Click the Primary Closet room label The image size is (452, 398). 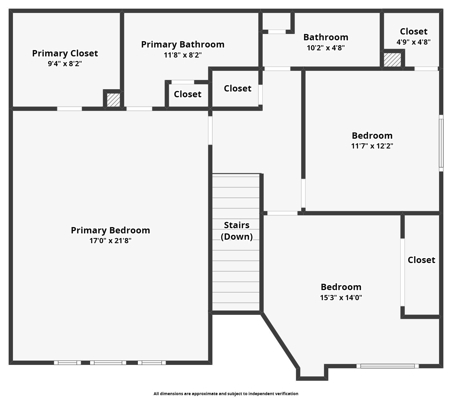tap(65, 53)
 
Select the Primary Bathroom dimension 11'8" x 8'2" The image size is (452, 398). tap(183, 55)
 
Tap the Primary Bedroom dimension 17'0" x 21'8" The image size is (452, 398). tap(110, 241)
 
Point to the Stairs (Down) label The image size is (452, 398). tap(237, 231)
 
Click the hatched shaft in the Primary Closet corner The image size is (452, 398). tap(113, 100)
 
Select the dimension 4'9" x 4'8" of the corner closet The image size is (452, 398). tap(413, 42)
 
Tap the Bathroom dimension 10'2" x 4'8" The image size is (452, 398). tap(326, 48)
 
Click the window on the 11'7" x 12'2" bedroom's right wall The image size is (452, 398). tap(441, 143)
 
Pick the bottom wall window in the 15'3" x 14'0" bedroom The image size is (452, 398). tap(387, 366)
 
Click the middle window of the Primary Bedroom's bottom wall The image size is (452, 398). tap(108, 363)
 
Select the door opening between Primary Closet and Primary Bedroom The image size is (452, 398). tap(69, 109)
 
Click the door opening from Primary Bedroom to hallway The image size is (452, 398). tap(210, 130)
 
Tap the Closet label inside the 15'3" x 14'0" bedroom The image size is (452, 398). tap(421, 260)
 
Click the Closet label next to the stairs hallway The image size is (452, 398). tap(237, 88)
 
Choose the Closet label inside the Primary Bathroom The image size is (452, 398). tap(187, 94)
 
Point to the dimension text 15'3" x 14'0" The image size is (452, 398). tap(341, 298)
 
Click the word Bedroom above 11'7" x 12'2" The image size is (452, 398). tap(372, 136)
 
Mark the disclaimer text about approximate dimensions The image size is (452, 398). tap(226, 393)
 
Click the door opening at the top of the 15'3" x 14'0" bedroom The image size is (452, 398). tap(282, 213)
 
